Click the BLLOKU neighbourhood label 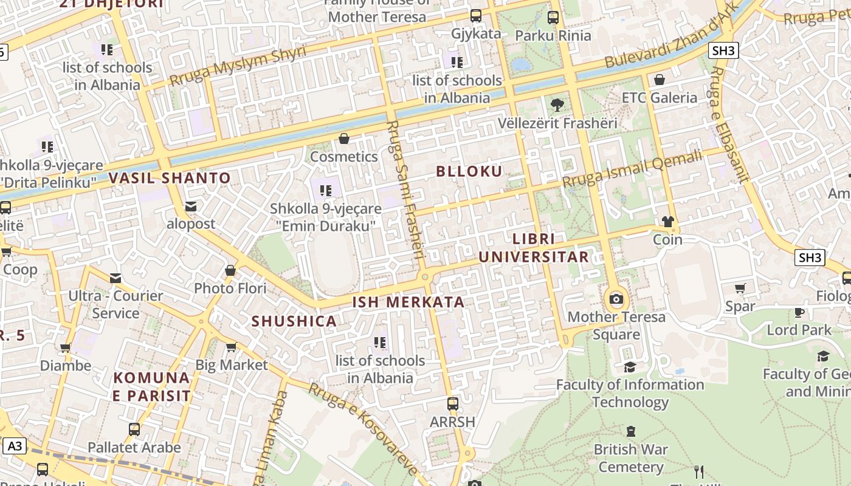tap(469, 171)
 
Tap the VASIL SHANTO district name tap(170, 178)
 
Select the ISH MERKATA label tap(408, 302)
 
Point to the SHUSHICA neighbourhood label tap(294, 321)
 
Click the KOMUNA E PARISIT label tap(152, 387)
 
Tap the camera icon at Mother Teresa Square tap(616, 299)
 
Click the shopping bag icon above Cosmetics tap(344, 139)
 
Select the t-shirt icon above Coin tap(668, 222)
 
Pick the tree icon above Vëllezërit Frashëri tap(557, 105)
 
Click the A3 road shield tap(15, 447)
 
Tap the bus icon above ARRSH tap(452, 403)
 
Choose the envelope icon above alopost tap(191, 207)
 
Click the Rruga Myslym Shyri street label tap(238, 66)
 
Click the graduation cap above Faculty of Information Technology tap(630, 367)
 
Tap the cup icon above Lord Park tap(799, 312)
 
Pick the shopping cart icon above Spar tap(740, 289)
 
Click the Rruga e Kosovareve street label tap(363, 429)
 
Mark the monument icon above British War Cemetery tap(631, 432)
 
